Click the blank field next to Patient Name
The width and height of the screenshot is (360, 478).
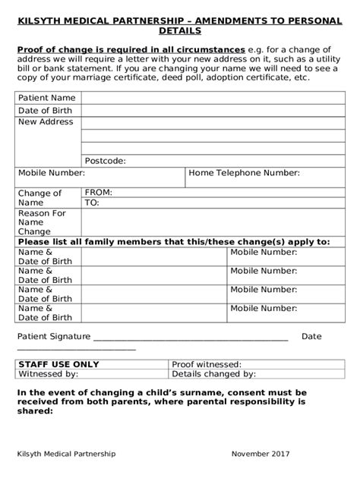[x=212, y=98]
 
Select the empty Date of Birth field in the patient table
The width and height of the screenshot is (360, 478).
[x=212, y=110]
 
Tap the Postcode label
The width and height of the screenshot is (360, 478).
[x=105, y=160]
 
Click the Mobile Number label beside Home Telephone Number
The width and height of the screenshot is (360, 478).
[x=51, y=173]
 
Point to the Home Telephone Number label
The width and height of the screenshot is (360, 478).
[x=244, y=173]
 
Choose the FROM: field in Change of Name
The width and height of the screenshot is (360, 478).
[x=212, y=193]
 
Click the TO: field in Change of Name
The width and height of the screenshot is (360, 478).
[x=212, y=203]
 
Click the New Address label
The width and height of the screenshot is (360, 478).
[x=46, y=121]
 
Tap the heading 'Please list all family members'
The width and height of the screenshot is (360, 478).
[x=174, y=241]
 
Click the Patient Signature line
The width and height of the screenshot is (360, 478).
[x=190, y=338]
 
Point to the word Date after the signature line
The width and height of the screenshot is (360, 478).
[x=311, y=336]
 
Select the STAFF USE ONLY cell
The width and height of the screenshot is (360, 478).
[x=49, y=364]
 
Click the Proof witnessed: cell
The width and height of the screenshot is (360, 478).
[x=207, y=364]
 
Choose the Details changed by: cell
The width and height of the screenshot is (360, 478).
[x=213, y=374]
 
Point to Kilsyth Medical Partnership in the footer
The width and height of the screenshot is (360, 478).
[x=66, y=453]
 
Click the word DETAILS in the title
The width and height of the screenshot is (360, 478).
[x=179, y=31]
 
